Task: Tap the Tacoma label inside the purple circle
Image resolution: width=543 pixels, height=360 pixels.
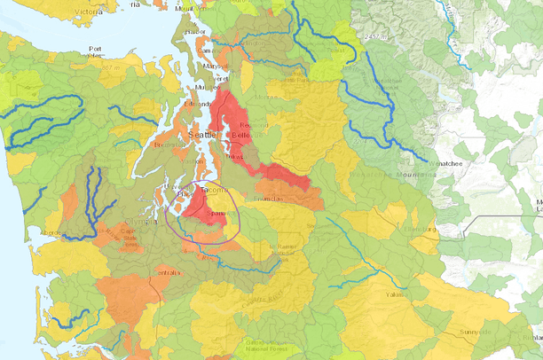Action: [x=214, y=190]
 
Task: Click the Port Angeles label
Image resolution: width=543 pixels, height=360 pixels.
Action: [x=95, y=51]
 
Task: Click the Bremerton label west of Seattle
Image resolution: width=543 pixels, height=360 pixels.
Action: [x=167, y=144]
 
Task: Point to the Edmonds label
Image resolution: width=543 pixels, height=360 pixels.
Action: [x=195, y=105]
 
